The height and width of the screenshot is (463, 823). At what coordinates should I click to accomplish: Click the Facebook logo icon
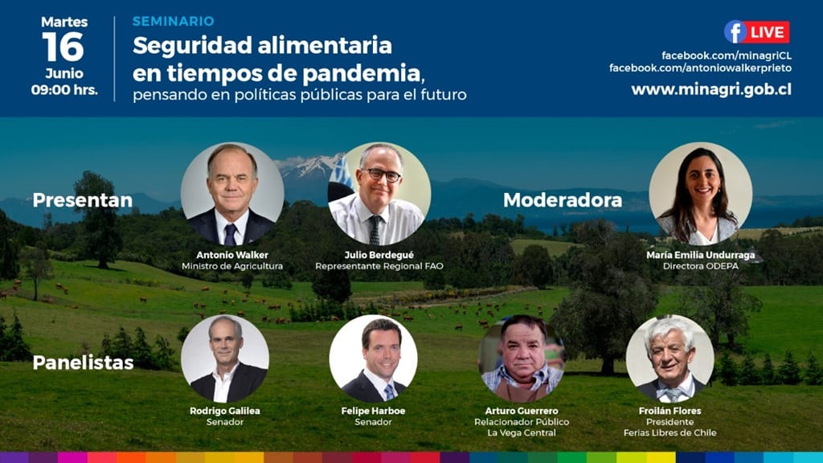point(735,32)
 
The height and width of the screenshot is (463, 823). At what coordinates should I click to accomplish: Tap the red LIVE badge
point(768,32)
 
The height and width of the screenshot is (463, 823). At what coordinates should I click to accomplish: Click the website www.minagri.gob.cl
point(711,89)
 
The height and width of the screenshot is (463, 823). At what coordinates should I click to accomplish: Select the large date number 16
point(63,47)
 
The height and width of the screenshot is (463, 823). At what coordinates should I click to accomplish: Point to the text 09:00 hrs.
point(64,90)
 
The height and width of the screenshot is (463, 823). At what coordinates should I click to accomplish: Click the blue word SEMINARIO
point(174,21)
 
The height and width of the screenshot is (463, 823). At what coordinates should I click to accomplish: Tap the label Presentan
point(83,200)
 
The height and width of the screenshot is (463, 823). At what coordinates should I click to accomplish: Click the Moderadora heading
point(563,200)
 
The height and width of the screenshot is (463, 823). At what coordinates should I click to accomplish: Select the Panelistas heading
point(83,363)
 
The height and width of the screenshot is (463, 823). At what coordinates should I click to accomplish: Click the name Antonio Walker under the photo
point(232,255)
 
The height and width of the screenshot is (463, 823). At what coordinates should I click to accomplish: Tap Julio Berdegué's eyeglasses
point(383,174)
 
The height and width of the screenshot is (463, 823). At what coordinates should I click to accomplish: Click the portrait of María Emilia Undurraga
point(700,194)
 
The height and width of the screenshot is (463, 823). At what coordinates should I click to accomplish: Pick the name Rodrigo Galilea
point(225,411)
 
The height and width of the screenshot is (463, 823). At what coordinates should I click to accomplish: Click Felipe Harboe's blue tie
point(389,391)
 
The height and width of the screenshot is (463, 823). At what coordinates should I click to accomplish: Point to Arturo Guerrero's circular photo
point(521,359)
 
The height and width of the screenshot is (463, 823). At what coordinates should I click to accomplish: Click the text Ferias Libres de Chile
point(669,432)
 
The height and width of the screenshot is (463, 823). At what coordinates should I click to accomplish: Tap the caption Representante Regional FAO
point(379,266)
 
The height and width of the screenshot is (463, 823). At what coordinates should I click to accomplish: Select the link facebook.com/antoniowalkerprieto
point(700,68)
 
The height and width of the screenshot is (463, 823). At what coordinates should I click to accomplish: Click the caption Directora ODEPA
point(700,266)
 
